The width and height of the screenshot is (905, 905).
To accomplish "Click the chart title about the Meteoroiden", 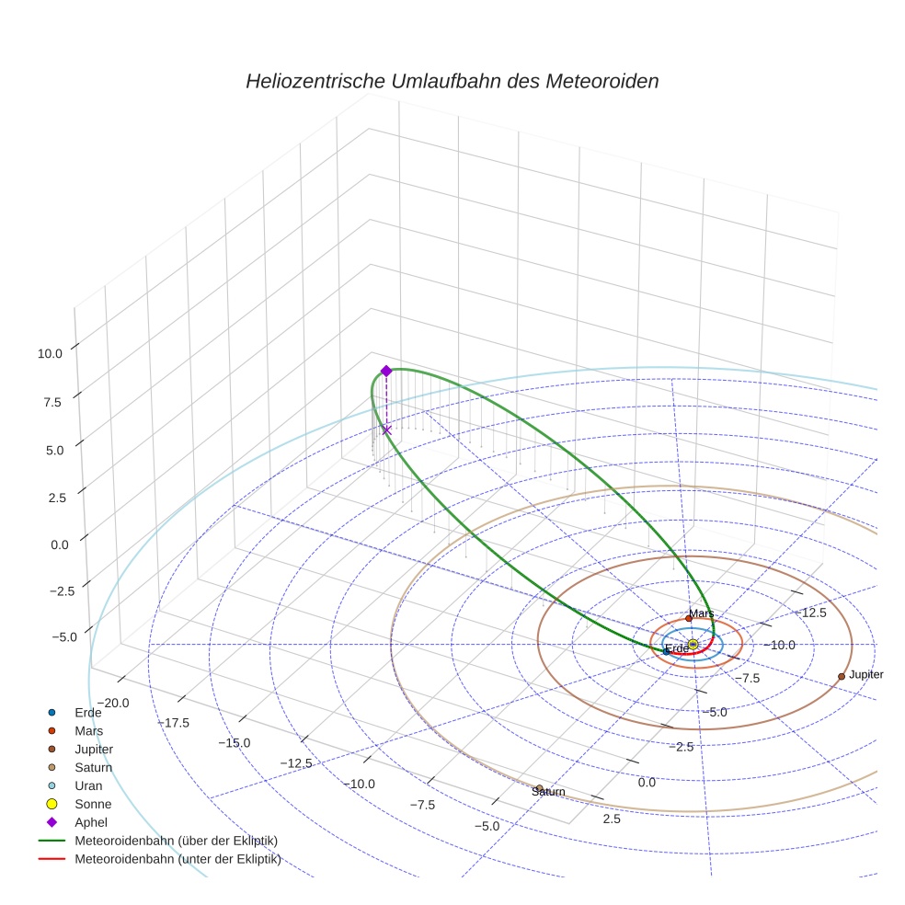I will [x=452, y=81].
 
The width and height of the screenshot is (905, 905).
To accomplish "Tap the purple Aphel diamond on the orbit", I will [x=386, y=371].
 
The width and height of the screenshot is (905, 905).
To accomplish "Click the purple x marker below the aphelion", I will [x=386, y=430].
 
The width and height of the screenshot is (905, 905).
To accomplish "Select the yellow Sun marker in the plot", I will [x=693, y=644].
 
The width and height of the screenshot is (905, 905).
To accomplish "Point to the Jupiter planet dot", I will [x=842, y=676].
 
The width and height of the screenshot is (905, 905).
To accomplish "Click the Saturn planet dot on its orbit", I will [x=539, y=787].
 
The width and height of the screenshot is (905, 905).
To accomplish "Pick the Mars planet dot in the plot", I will [x=689, y=618].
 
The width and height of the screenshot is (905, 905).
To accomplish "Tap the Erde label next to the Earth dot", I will [x=677, y=649].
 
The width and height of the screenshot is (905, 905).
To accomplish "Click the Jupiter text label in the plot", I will [x=866, y=675].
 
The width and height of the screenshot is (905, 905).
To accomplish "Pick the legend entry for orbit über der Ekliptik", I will [x=176, y=841].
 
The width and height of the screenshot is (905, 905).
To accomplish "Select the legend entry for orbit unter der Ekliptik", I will [x=178, y=859].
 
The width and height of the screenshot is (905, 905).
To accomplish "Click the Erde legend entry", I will [x=88, y=713].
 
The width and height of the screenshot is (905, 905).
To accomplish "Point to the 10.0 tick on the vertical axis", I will [x=51, y=352].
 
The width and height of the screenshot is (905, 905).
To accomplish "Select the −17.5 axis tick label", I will [x=173, y=723].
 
